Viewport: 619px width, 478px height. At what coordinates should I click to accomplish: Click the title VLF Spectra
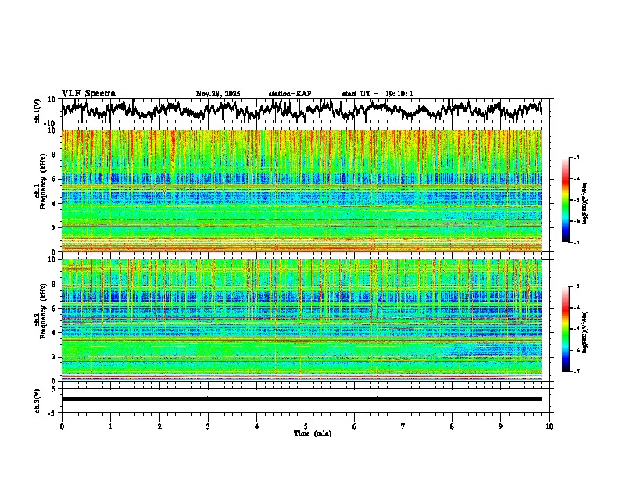coord(88,94)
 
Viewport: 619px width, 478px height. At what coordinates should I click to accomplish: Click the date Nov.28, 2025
coord(218,94)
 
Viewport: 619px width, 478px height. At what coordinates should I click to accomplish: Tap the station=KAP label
coord(290,94)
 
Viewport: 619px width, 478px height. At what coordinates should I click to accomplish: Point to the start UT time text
coord(377,94)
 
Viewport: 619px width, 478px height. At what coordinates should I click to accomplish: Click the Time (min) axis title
coord(312,433)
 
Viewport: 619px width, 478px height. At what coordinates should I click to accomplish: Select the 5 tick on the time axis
coord(306,426)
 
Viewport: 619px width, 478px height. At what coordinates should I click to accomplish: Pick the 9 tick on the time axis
coord(501,426)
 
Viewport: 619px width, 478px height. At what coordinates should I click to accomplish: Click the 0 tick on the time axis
coord(62,426)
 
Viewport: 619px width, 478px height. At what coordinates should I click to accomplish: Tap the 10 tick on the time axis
coord(549,426)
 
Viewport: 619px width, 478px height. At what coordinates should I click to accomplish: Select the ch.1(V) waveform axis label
coord(38,111)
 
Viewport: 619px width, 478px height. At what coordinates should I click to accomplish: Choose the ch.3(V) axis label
coord(38,399)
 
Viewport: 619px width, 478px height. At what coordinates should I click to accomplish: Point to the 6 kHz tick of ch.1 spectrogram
coord(55,179)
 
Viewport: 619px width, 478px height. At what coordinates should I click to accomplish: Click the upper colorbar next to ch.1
coord(566,200)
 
